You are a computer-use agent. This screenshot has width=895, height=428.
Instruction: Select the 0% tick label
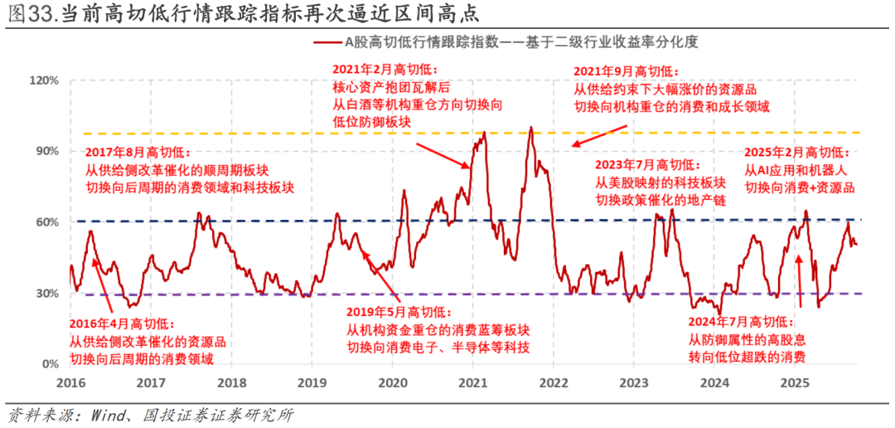click(51, 364)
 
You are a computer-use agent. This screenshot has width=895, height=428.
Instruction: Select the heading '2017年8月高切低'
click(138, 153)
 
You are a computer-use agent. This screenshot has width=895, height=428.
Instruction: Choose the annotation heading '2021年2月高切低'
click(385, 70)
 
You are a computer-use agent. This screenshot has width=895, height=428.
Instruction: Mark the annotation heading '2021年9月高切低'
click(626, 71)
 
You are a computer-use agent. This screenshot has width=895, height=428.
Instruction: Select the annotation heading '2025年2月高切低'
click(796, 153)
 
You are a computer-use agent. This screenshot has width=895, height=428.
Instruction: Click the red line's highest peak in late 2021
click(530, 128)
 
